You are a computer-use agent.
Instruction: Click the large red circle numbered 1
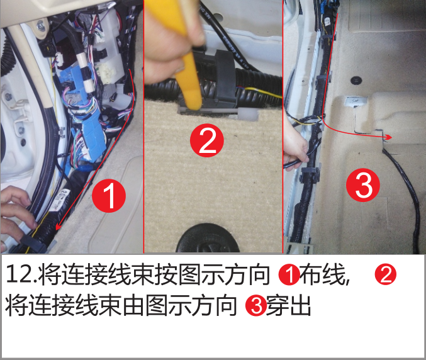(109, 196)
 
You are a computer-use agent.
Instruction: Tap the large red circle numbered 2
(207, 140)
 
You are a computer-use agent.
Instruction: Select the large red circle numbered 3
(363, 185)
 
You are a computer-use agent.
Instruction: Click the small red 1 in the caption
(289, 274)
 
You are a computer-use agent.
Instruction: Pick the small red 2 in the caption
(386, 274)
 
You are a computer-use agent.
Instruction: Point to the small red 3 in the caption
(256, 306)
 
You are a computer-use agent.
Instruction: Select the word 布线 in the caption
(323, 274)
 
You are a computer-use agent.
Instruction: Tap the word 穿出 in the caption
(289, 306)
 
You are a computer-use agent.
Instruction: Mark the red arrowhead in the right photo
(388, 137)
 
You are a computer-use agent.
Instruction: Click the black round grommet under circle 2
(207, 239)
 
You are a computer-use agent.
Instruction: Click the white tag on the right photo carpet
(356, 101)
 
